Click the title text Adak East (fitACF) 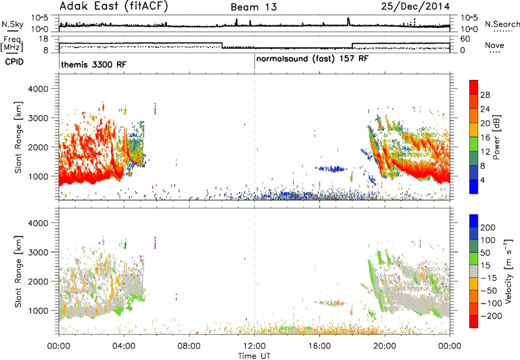click(114, 6)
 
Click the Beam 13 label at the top click(253, 7)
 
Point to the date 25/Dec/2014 click(415, 6)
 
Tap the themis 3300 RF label click(94, 64)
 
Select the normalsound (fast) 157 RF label click(312, 59)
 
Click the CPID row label click(14, 62)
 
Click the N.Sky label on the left click(12, 24)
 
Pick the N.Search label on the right click(502, 24)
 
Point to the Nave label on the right click(495, 45)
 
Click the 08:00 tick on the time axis click(189, 346)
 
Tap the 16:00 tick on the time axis click(319, 346)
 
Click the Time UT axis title click(254, 356)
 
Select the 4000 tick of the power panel click(38, 89)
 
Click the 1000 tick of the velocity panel click(38, 311)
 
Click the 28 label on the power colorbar click(485, 95)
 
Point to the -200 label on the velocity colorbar click(491, 316)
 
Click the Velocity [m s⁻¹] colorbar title click(508, 271)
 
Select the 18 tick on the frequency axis click(44, 39)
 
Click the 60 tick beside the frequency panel click(465, 39)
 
